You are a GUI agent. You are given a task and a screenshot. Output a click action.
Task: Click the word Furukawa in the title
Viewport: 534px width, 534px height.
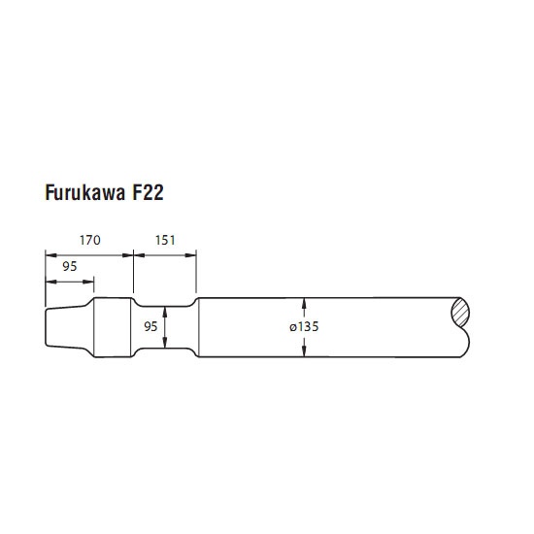click(85, 192)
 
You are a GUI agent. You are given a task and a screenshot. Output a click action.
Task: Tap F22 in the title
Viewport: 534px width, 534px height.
click(148, 192)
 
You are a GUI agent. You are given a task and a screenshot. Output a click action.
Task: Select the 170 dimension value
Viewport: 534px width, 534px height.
click(90, 240)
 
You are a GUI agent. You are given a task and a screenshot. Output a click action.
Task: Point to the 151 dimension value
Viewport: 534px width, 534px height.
click(165, 240)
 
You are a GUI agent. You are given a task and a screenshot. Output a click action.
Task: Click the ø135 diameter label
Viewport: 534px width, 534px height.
click(304, 327)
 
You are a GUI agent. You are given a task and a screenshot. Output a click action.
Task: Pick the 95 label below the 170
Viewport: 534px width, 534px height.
click(70, 266)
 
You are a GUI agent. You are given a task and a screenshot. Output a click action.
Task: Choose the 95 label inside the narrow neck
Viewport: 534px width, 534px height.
click(150, 326)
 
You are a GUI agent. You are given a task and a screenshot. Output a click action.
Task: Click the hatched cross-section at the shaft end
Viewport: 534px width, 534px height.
click(460, 313)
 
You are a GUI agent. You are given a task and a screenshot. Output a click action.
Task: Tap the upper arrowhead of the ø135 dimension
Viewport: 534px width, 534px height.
click(304, 303)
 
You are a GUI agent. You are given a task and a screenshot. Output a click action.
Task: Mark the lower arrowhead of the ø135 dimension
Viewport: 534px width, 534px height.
click(304, 351)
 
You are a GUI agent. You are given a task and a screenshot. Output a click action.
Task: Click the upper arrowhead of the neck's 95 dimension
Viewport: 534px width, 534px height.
click(165, 312)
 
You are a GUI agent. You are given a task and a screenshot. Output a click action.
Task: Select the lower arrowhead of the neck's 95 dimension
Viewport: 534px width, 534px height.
click(165, 343)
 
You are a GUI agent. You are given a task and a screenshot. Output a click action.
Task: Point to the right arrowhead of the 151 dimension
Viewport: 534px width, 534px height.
click(191, 255)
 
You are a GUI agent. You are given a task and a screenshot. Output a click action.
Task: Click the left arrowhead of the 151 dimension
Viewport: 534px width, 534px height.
click(139, 255)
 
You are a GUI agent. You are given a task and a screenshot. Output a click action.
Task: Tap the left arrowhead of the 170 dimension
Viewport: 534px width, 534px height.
click(50, 255)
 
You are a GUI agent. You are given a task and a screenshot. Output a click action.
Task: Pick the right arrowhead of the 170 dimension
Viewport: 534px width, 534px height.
click(128, 255)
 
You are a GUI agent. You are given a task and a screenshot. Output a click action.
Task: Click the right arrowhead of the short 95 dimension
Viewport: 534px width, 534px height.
click(88, 282)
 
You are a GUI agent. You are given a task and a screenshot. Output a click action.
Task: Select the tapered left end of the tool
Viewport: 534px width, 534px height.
click(66, 327)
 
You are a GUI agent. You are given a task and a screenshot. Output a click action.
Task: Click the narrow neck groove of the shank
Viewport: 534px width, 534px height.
click(165, 327)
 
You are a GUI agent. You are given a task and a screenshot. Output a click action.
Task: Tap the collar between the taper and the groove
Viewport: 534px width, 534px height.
click(112, 327)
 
